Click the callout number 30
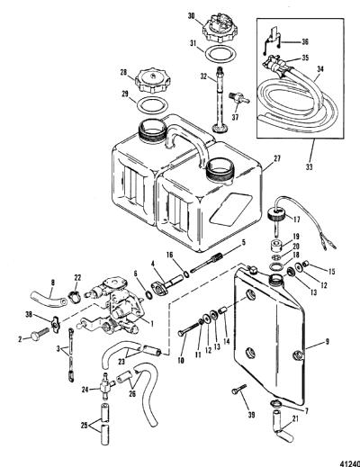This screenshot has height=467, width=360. click(191, 16)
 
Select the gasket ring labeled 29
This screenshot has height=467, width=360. click(153, 106)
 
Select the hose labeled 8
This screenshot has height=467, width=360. click(49, 297)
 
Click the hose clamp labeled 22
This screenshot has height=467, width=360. click(75, 296)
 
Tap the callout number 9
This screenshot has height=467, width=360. click(327, 341)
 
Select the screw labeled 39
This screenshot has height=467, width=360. click(238, 389)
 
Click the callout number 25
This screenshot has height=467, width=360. click(85, 426)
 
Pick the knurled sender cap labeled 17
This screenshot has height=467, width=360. click(275, 215)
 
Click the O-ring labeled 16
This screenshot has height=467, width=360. click(186, 274)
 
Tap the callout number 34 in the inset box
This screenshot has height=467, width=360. click(319, 69)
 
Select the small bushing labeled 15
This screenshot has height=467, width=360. click(305, 264)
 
